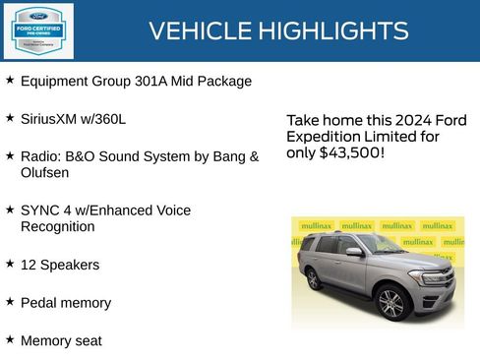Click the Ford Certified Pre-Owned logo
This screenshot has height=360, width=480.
(x=38, y=30)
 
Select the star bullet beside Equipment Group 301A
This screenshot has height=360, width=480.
(x=10, y=80)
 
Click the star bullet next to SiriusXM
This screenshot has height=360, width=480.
(x=10, y=118)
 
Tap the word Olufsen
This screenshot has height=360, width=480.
(x=45, y=172)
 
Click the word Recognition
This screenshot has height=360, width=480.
(x=58, y=226)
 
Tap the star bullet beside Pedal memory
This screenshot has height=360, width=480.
(x=10, y=302)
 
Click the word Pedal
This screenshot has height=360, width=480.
(x=39, y=303)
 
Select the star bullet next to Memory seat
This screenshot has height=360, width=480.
(x=10, y=339)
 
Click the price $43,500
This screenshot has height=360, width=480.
(x=351, y=153)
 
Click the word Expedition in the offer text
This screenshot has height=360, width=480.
(x=324, y=137)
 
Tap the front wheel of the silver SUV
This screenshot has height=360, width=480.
(x=391, y=302)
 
